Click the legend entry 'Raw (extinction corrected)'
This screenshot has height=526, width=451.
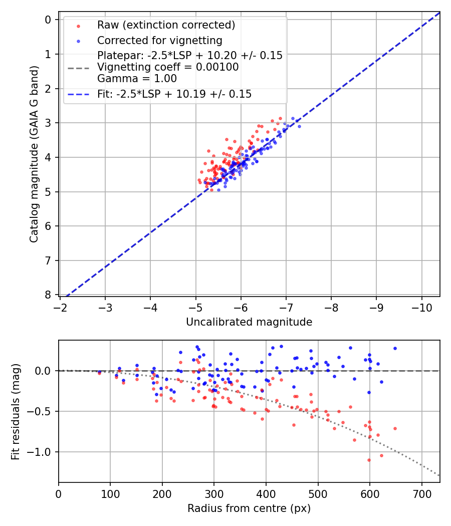pos(166,25)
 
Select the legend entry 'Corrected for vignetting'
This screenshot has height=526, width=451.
pos(160,40)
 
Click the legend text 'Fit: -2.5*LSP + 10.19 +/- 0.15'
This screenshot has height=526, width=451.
pos(174,94)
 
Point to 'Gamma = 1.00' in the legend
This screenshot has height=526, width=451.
pos(137,78)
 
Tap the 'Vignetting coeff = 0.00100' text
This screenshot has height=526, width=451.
pos(168,67)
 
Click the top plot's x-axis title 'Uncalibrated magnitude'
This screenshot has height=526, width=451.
pos(249,322)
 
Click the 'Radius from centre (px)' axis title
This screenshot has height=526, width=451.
pos(249,508)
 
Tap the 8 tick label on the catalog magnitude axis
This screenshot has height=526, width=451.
pos(49,295)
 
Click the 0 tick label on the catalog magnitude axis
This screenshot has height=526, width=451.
pos(49,20)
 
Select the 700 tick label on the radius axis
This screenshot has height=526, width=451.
pos(421,493)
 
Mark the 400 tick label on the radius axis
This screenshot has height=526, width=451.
pos(266,493)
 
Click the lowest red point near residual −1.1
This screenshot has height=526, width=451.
pos(369,460)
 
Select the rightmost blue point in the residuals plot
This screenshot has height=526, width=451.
pos(395,348)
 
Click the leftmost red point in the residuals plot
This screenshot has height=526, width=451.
pos(99,373)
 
